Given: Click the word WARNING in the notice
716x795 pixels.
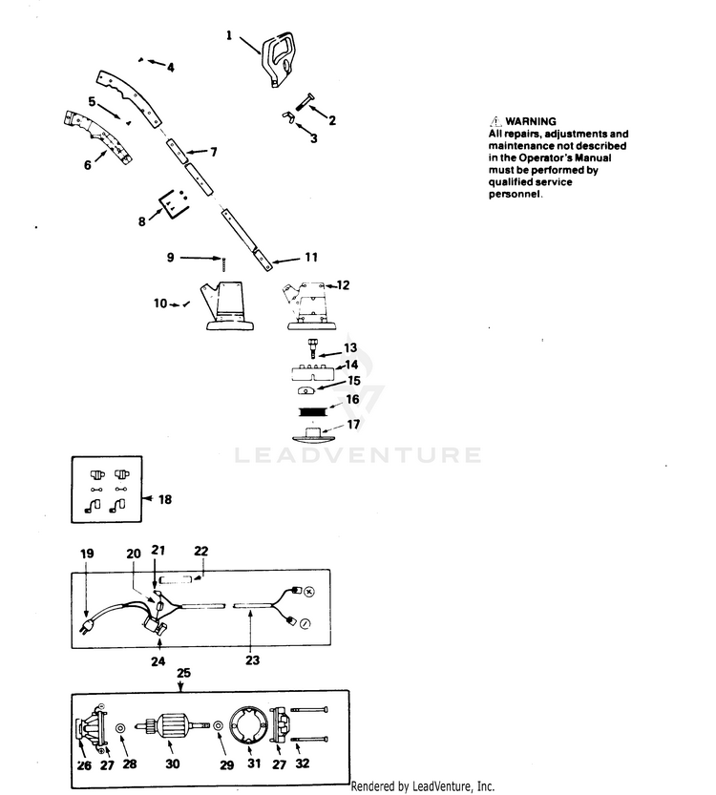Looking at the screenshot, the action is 530,121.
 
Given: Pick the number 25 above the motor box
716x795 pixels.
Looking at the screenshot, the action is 183,673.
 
